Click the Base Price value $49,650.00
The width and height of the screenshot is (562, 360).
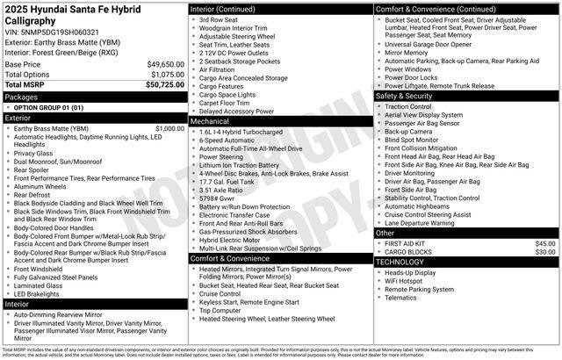166,65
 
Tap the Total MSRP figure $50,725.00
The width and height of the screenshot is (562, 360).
165,84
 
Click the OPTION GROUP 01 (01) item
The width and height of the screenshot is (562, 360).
48,107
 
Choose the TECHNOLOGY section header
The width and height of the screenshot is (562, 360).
405,262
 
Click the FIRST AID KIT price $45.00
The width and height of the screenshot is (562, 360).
545,243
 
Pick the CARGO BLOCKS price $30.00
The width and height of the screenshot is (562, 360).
545,252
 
